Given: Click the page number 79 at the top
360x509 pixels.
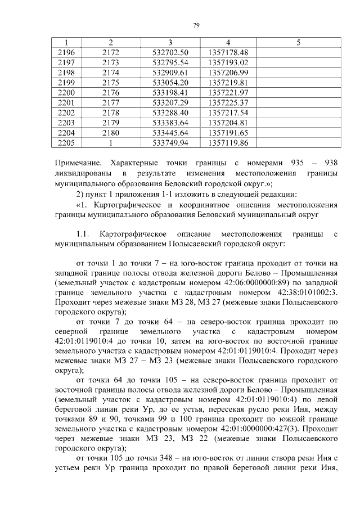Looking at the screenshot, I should (x=196, y=24).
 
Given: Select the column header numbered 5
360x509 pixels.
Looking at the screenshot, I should (x=298, y=43).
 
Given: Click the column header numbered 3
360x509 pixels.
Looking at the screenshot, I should (x=170, y=43).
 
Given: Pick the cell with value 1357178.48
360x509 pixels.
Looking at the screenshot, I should (x=228, y=52).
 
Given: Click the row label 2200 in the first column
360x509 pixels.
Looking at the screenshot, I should (x=66, y=92).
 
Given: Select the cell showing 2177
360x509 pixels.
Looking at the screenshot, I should (x=111, y=102).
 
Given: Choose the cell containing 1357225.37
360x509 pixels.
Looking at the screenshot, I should (x=228, y=102).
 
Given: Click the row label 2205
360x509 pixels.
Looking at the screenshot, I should (x=66, y=143).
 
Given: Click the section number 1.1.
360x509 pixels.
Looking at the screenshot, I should (x=83, y=233).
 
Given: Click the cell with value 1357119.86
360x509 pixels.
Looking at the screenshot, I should (x=228, y=143).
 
